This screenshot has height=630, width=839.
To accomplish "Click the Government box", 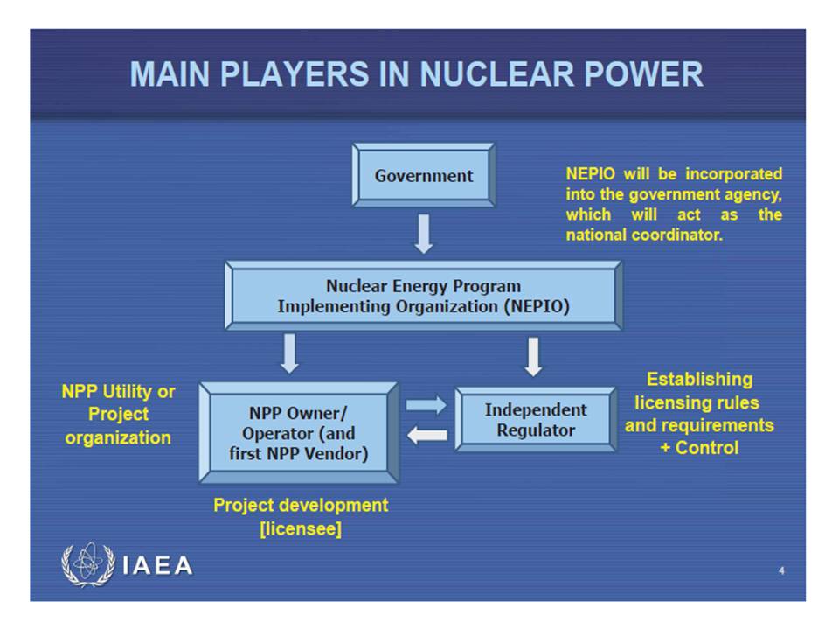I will tap(423, 176).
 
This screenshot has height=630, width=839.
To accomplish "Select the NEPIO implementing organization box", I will tap(423, 296).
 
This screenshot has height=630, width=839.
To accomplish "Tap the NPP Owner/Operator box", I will tap(299, 433).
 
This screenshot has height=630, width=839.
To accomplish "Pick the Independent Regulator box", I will tap(536, 420).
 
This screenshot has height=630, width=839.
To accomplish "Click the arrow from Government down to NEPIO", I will tap(424, 234).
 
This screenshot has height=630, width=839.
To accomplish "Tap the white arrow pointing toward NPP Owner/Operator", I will tap(426, 435).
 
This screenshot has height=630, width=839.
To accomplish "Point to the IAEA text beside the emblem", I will tap(158, 566).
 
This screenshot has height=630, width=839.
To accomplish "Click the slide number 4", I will tap(781, 571).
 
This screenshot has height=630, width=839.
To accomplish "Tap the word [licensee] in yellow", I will tap(301, 528).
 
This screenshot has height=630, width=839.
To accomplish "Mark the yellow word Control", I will tap(707, 447).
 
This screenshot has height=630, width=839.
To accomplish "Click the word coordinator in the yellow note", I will tap(679, 236).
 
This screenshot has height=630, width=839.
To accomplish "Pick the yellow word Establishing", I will tap(699, 380).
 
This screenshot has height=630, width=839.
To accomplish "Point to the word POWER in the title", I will tap(652, 74).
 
